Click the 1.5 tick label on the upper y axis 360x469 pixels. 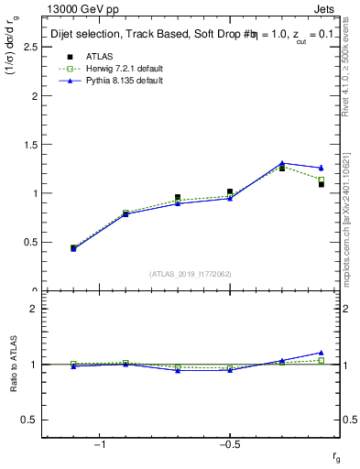[x=28, y=145]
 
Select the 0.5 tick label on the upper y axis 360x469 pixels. [x=28, y=243]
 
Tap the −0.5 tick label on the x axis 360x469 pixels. [x=227, y=445]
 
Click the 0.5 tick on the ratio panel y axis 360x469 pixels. [x=28, y=420]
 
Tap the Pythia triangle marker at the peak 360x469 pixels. [x=282, y=163]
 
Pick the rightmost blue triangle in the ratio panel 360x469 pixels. [x=321, y=352]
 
